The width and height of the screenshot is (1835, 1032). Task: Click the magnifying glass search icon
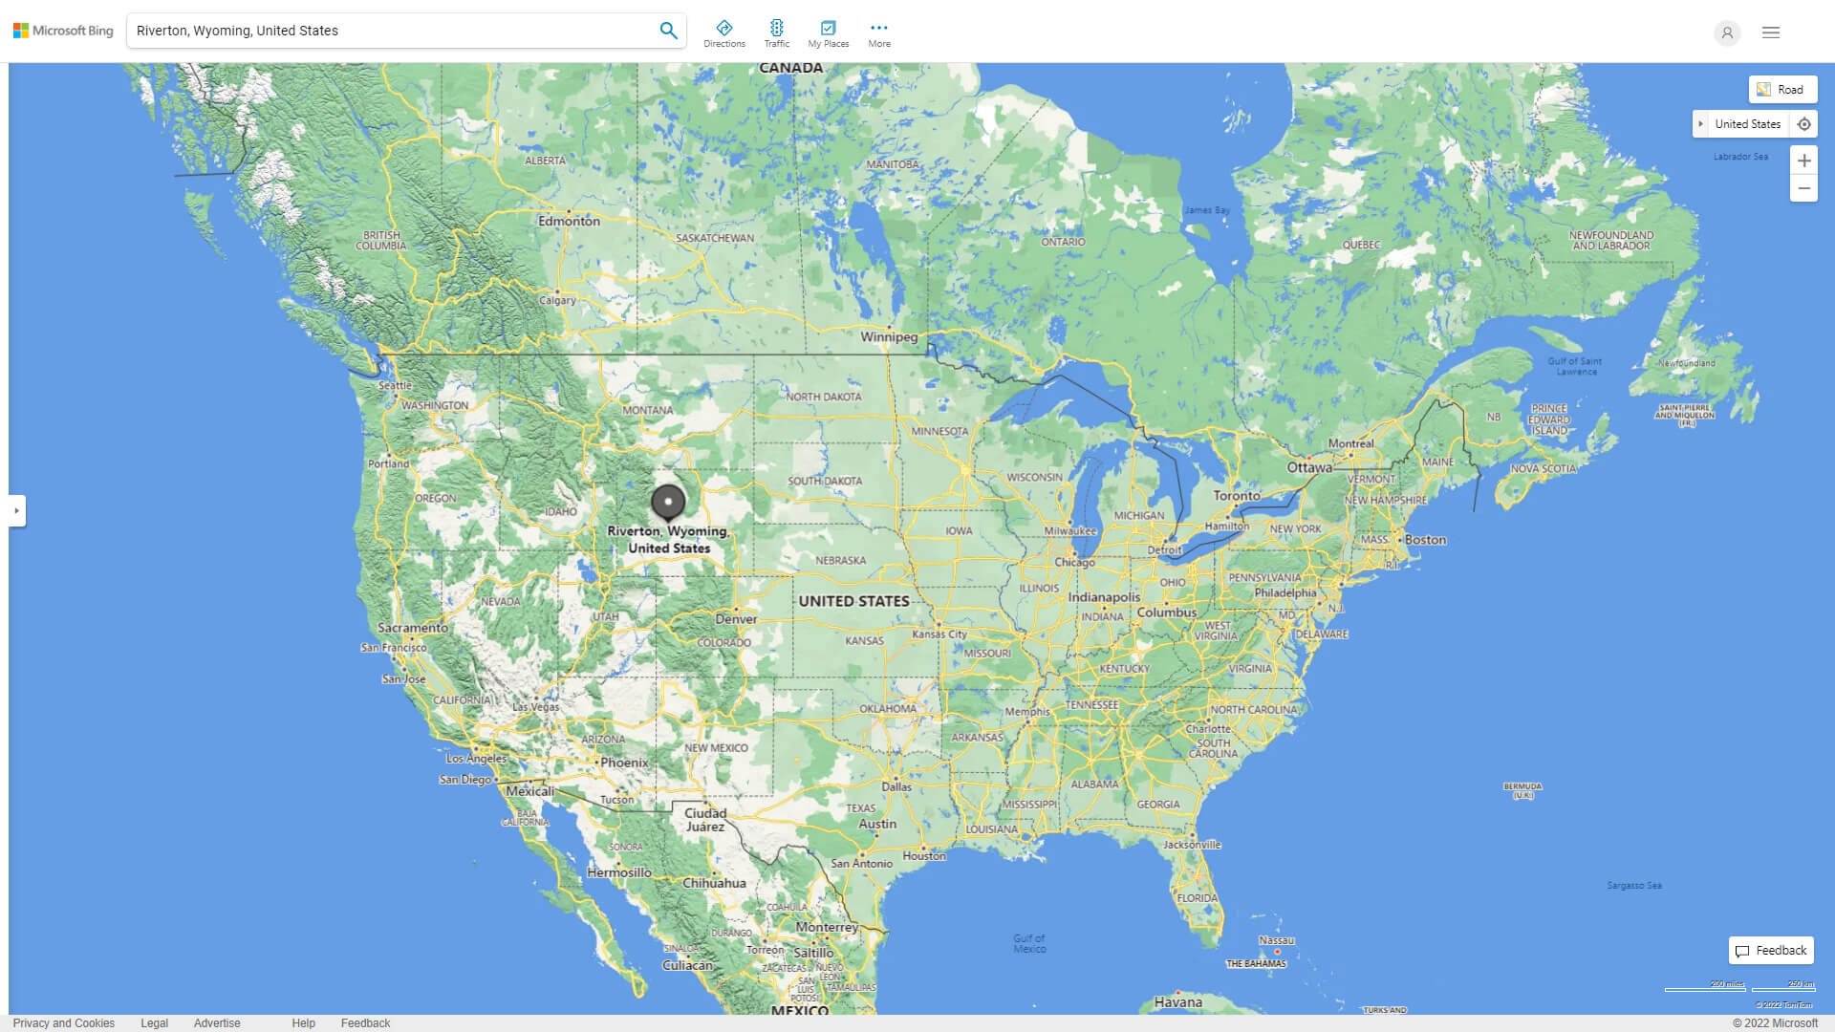point(668,31)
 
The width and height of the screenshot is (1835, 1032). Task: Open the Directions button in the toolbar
point(724,33)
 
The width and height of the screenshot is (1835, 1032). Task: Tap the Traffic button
point(776,33)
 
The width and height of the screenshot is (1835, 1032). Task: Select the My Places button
point(828,33)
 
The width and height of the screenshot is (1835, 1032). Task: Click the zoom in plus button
point(1803,161)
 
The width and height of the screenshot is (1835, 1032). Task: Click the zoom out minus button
point(1803,188)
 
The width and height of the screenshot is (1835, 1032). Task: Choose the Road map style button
point(1782,90)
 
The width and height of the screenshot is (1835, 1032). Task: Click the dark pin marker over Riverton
point(668,502)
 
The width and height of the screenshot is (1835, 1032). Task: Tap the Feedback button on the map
point(1771,951)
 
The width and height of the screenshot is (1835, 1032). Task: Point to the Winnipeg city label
point(889,337)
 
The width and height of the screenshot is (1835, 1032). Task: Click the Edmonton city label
point(569,221)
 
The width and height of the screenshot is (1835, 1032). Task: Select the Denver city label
point(736,619)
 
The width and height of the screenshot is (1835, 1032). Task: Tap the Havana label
point(1177,1002)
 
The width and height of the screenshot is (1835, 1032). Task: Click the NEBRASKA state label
point(841,561)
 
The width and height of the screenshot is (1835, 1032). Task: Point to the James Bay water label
point(1207,210)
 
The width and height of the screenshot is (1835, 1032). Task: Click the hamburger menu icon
point(1771,32)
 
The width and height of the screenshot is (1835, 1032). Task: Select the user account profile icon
point(1727,32)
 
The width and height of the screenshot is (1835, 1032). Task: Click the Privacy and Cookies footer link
point(64,1023)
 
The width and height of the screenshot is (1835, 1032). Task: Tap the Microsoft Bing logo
point(63,31)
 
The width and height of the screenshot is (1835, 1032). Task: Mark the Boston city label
point(1425,540)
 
